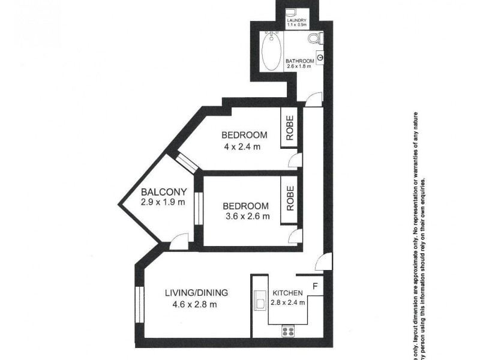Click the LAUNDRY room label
pyautogui.click(x=296, y=20)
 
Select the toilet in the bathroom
pyautogui.click(x=315, y=39)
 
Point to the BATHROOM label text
pyautogui.click(x=300, y=61)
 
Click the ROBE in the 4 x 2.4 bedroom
pyautogui.click(x=289, y=130)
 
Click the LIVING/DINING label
pyautogui.click(x=197, y=293)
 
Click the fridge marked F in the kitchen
pyautogui.click(x=315, y=284)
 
